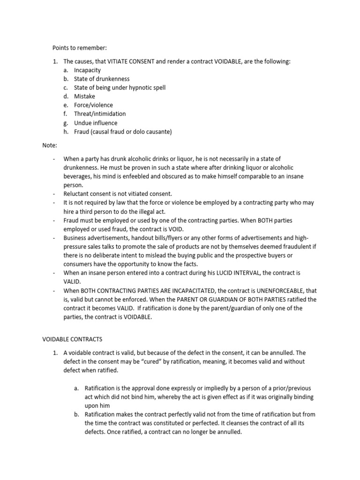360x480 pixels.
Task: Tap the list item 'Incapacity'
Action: tap(87, 70)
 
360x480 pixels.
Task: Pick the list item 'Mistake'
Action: tap(84, 97)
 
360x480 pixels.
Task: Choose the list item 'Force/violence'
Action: tap(93, 105)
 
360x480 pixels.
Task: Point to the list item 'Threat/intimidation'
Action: tap(100, 114)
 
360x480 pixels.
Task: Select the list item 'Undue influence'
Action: tap(96, 123)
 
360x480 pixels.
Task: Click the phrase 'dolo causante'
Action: tap(151, 132)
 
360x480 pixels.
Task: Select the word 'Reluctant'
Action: tap(77, 194)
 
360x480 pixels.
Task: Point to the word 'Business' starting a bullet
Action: tap(75, 237)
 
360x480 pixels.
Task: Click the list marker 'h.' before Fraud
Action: tap(66, 132)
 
